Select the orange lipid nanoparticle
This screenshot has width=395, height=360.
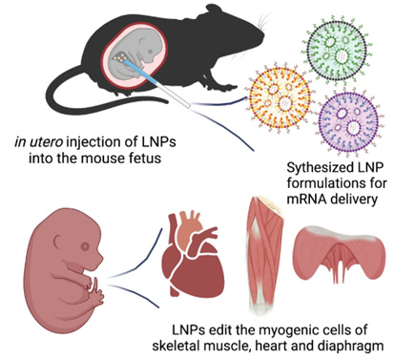point(280,97)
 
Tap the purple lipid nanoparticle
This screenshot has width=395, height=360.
point(349,122)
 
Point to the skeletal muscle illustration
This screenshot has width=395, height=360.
point(264,255)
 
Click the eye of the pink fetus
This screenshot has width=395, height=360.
point(86,246)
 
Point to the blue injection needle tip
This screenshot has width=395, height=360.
point(125,60)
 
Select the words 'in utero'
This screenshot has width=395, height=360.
point(38,141)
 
